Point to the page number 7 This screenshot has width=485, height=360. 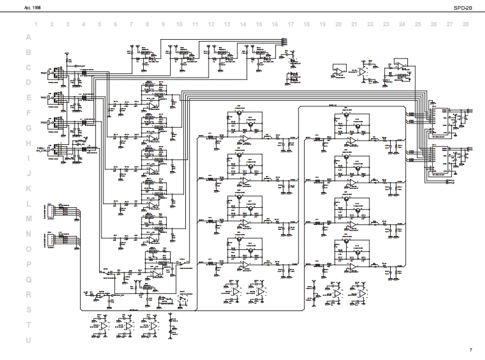(x=471, y=350)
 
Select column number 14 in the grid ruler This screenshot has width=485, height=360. (x=243, y=24)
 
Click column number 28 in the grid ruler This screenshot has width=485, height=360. (x=465, y=24)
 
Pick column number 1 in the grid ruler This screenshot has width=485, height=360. (x=36, y=24)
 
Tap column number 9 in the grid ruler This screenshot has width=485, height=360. (x=163, y=24)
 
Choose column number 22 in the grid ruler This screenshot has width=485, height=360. (x=370, y=24)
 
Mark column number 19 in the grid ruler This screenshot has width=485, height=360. (x=322, y=24)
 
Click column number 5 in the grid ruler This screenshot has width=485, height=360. (x=100, y=24)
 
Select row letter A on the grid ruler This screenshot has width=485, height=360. (x=28, y=37)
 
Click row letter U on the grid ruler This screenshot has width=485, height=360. (x=28, y=340)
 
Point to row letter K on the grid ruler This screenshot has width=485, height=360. (x=28, y=189)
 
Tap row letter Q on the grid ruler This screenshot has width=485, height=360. (x=28, y=279)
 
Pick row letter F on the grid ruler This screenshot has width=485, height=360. (x=28, y=113)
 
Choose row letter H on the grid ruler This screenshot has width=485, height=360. (x=28, y=143)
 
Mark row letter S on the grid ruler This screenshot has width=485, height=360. (x=28, y=310)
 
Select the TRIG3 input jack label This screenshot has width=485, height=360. (x=43, y=123)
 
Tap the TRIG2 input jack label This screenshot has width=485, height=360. (x=43, y=97)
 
